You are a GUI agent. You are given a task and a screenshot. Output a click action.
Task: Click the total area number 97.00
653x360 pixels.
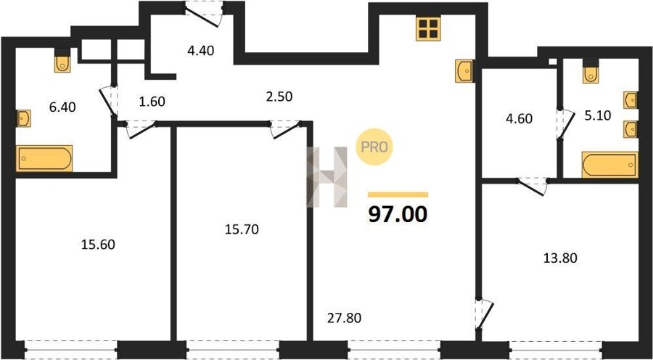(x=398, y=215)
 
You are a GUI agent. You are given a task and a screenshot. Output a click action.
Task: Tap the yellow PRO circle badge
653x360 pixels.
(x=374, y=147)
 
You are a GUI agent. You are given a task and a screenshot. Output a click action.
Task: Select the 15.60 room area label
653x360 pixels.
(x=98, y=244)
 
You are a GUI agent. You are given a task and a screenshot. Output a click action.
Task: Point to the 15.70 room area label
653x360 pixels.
(x=242, y=229)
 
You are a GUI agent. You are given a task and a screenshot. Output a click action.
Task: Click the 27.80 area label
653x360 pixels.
(x=344, y=319)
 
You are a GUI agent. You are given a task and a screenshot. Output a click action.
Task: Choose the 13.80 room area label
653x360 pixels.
(x=560, y=258)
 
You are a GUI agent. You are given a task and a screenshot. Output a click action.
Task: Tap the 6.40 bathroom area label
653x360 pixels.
(x=62, y=107)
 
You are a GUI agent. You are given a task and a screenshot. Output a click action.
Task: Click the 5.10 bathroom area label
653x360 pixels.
(x=598, y=115)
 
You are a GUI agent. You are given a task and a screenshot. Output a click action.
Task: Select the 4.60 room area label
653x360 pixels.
(x=519, y=119)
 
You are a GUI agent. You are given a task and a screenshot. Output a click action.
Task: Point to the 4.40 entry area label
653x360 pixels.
(x=200, y=51)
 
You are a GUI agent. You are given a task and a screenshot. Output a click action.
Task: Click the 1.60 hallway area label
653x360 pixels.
(x=152, y=102)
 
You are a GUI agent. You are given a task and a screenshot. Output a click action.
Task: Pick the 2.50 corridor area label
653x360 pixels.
(x=279, y=97)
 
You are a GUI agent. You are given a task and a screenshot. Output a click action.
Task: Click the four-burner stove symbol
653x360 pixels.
(x=428, y=28)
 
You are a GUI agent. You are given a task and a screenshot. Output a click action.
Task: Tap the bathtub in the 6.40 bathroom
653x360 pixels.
(x=44, y=158)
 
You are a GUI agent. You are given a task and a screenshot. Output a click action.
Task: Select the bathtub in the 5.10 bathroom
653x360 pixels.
(x=610, y=165)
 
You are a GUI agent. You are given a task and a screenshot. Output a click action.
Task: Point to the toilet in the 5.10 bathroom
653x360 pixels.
(x=591, y=71)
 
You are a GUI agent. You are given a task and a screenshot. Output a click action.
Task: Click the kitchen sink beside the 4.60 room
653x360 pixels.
(x=465, y=71)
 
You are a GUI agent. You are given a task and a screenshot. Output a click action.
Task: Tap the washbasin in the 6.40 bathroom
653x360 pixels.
(x=24, y=118)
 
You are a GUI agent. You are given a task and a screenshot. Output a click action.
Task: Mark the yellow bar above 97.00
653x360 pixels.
(x=398, y=195)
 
